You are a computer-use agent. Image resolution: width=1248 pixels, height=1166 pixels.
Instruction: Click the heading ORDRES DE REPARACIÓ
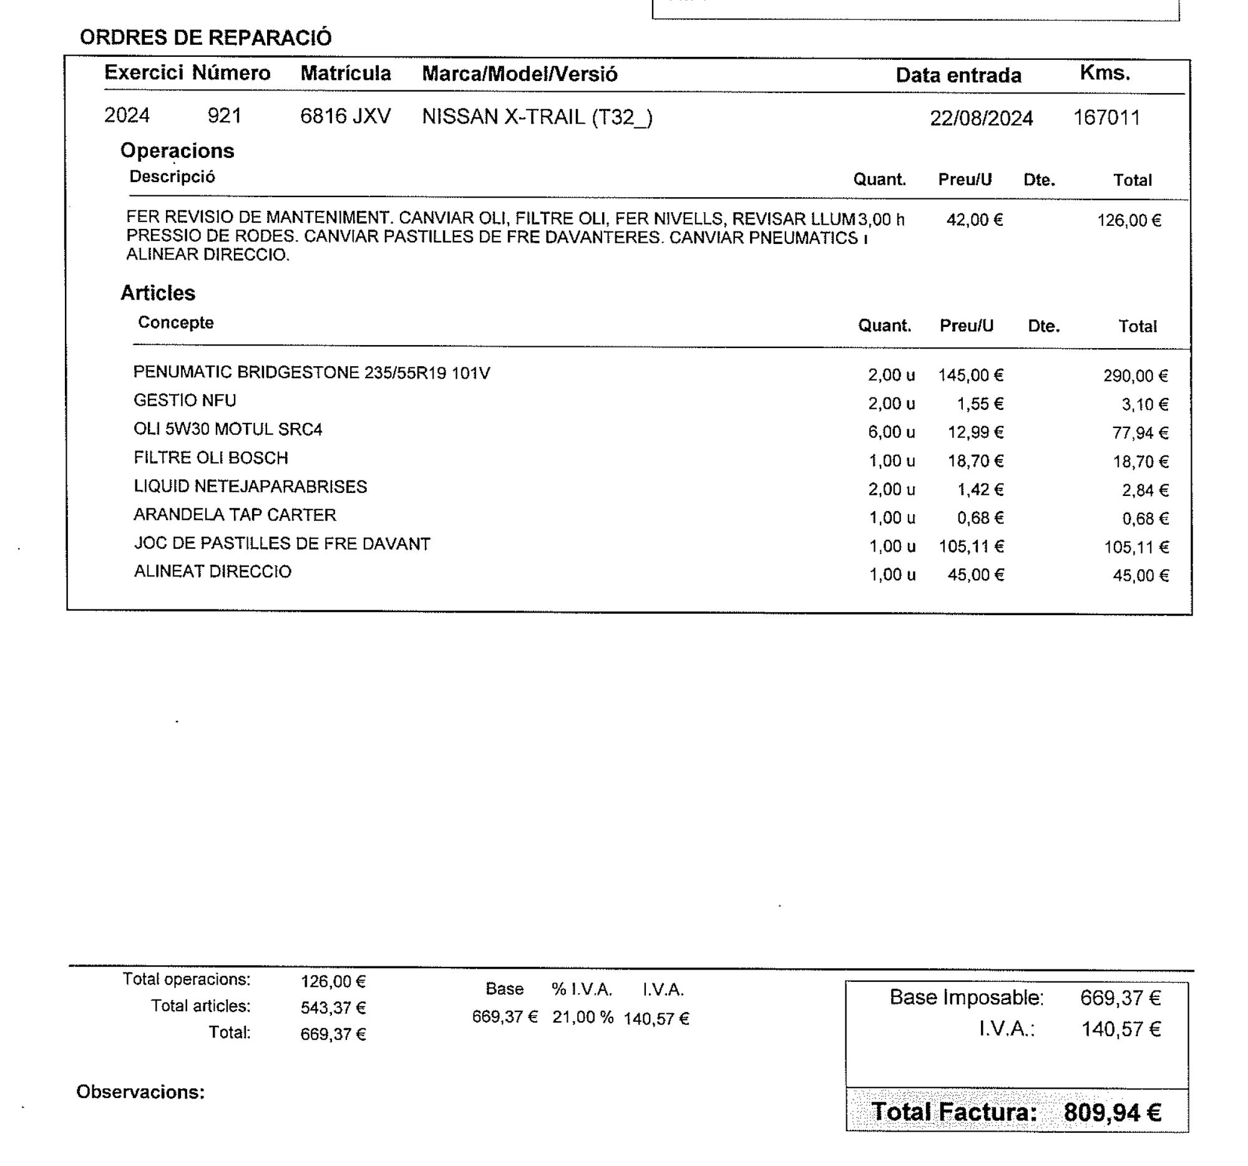pyautogui.click(x=205, y=37)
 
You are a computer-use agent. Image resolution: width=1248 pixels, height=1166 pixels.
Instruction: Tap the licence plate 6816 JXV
pyautogui.click(x=345, y=116)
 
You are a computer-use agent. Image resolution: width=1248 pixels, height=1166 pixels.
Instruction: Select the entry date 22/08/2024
pyautogui.click(x=980, y=118)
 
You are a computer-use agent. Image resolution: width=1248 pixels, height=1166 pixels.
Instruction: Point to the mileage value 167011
pyautogui.click(x=1106, y=117)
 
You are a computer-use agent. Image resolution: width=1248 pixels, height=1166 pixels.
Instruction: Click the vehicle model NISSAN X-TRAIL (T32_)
pyautogui.click(x=537, y=117)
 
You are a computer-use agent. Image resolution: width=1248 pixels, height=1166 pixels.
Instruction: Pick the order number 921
pyautogui.click(x=224, y=116)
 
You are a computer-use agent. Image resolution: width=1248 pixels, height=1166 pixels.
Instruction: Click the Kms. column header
pyautogui.click(x=1105, y=74)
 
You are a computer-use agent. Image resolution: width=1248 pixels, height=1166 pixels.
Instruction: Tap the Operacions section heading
pyautogui.click(x=177, y=150)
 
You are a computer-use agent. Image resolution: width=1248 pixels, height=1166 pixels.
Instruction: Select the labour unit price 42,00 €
pyautogui.click(x=974, y=220)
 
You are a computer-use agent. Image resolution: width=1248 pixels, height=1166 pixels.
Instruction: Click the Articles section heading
pyautogui.click(x=158, y=293)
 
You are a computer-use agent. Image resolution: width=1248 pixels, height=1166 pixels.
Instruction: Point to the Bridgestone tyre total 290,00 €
pyautogui.click(x=1135, y=376)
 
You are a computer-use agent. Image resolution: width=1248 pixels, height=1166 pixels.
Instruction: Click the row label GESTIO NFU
pyautogui.click(x=185, y=401)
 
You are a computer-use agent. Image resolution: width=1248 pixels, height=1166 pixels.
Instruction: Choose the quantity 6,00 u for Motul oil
pyautogui.click(x=891, y=432)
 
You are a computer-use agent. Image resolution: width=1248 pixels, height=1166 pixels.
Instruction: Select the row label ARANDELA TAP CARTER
pyautogui.click(x=235, y=515)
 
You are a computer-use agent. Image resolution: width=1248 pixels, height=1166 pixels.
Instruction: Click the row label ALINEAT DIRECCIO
pyautogui.click(x=212, y=571)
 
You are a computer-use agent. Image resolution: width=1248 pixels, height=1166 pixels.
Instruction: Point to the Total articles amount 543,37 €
pyautogui.click(x=333, y=1008)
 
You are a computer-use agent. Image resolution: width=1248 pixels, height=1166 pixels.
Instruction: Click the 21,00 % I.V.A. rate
pyautogui.click(x=583, y=1018)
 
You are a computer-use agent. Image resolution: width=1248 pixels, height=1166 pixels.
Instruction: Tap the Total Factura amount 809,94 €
pyautogui.click(x=1112, y=1112)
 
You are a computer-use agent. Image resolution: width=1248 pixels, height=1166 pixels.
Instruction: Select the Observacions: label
pyautogui.click(x=140, y=1092)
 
